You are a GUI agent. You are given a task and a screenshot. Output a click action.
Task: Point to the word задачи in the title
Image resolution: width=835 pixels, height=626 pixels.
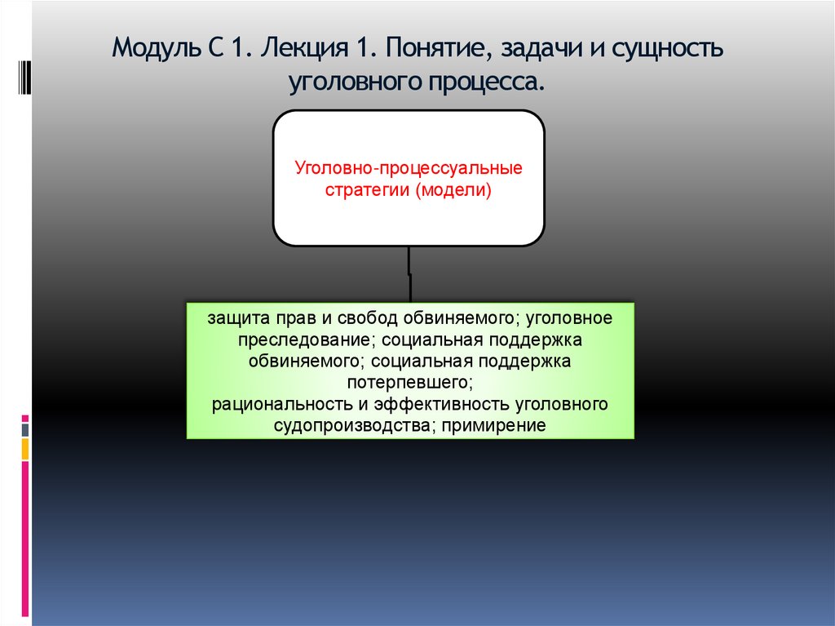[549, 50]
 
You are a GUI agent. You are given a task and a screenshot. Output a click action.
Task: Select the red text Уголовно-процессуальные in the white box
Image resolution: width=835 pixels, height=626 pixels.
[408, 171]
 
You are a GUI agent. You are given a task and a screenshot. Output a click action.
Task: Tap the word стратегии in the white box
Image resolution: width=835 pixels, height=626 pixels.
[368, 192]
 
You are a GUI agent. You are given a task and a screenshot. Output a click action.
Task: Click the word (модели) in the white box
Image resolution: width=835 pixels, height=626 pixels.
[453, 192]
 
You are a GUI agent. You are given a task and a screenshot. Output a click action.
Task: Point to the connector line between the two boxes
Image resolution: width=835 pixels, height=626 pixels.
[409, 273]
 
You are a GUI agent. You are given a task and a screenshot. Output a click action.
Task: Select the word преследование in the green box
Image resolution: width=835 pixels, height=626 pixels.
[303, 337]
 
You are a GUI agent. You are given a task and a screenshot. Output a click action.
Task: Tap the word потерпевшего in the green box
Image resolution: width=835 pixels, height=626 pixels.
[409, 381]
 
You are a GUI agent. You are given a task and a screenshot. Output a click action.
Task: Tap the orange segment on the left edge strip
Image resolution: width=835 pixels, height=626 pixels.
[25, 449]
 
